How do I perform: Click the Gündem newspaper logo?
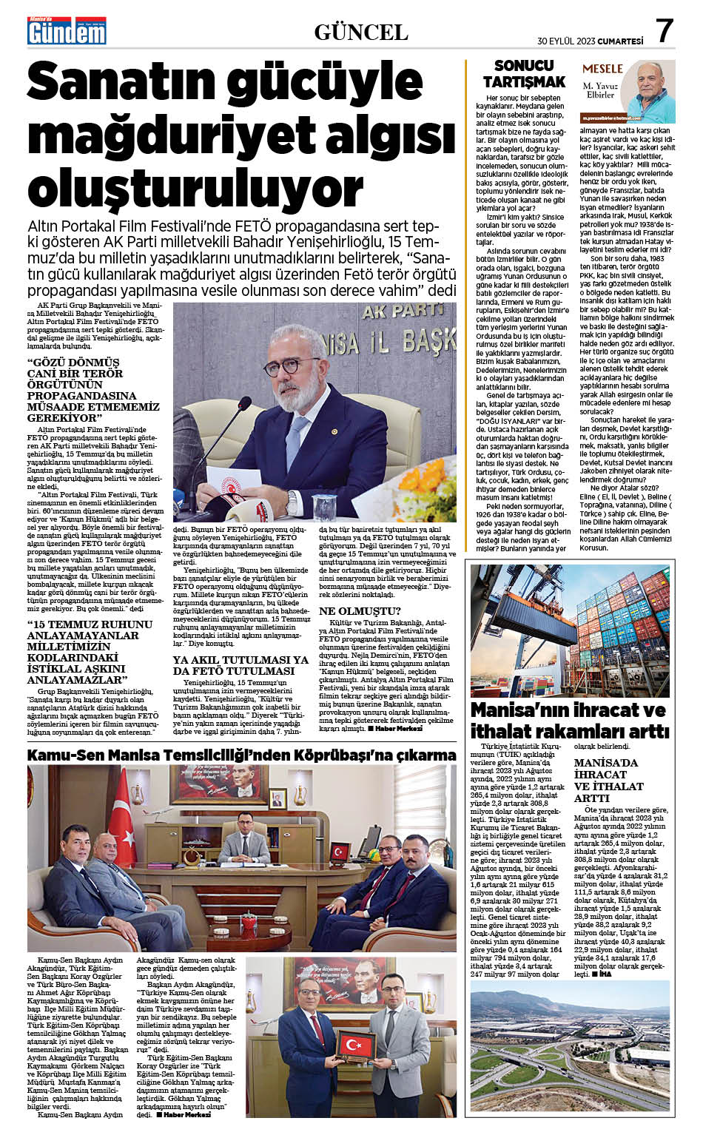tap(67, 32)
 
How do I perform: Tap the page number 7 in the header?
tap(665, 32)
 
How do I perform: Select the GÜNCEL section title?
tap(361, 33)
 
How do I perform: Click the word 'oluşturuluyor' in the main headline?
tap(196, 187)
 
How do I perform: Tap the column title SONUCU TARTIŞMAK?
tap(524, 73)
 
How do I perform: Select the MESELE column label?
tap(602, 69)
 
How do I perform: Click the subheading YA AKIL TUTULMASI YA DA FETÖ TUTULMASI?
tap(240, 665)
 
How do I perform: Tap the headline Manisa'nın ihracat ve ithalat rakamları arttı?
tap(570, 721)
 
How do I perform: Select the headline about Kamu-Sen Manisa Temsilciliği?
tap(241, 755)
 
